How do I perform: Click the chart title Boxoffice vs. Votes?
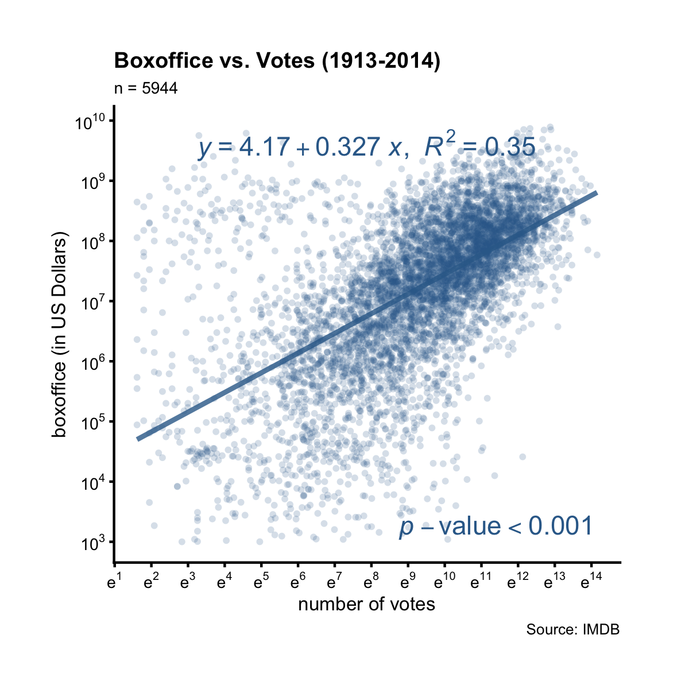277,61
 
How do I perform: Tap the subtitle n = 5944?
146,88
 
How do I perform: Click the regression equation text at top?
366,148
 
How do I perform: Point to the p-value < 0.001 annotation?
495,527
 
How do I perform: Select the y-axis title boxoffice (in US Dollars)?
59,335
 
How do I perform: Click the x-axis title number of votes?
366,604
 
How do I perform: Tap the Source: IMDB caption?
572,630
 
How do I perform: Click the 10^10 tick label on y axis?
91,122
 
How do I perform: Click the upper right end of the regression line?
597,193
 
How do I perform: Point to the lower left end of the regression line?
138,439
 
